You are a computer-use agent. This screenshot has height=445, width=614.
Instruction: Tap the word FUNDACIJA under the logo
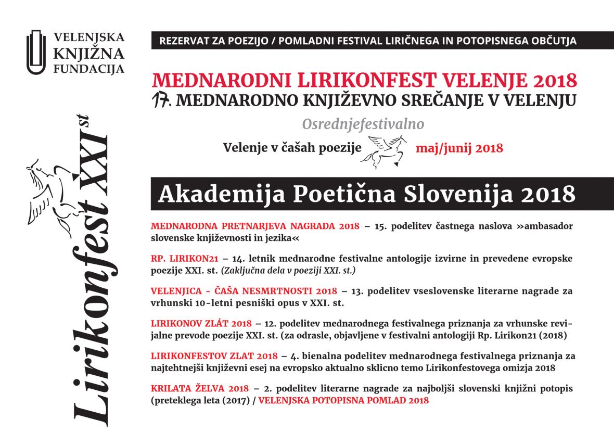(89, 69)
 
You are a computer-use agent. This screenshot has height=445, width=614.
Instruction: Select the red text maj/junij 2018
(459, 148)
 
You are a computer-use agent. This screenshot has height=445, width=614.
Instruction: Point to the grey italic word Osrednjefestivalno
(363, 124)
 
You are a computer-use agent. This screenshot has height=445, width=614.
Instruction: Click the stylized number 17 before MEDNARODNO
(162, 100)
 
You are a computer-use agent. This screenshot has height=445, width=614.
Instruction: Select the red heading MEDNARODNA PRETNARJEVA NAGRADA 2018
(255, 226)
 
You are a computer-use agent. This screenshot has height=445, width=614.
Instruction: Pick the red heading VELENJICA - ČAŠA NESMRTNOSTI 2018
(244, 291)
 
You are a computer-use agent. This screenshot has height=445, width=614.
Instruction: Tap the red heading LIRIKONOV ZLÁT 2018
(201, 324)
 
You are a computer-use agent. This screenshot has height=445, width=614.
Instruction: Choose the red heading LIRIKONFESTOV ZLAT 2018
(214, 357)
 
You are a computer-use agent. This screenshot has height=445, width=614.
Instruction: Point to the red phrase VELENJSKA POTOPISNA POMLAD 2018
(343, 400)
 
